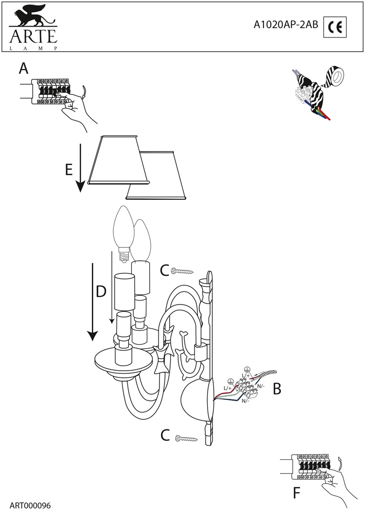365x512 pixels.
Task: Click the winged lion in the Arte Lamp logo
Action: (x=33, y=16)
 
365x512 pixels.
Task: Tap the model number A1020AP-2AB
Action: (x=286, y=25)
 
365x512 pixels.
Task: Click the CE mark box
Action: (x=335, y=27)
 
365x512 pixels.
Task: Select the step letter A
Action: (x=24, y=69)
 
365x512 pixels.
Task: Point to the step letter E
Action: (x=69, y=170)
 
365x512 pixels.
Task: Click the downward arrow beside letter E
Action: (x=80, y=167)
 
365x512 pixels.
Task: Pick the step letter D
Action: (x=101, y=292)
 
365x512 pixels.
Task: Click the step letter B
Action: (x=277, y=389)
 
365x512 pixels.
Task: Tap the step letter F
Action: (x=296, y=493)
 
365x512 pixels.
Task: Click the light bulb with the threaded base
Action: (x=122, y=233)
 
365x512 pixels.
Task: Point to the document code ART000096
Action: (x=30, y=506)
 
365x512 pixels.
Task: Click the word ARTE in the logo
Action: (x=33, y=36)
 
